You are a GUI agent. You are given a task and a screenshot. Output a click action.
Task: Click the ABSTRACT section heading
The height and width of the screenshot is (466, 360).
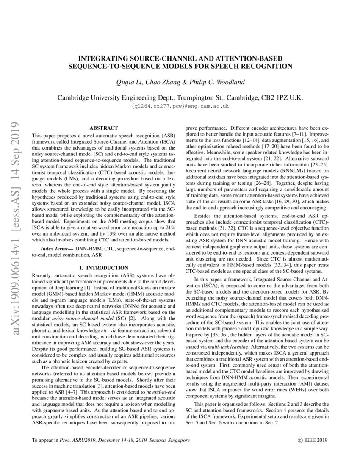[103, 128]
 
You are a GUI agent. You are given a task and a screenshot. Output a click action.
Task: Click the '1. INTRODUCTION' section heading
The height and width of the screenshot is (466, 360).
[103, 268]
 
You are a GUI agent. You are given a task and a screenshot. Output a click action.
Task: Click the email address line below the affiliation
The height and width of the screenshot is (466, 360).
[180, 106]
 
